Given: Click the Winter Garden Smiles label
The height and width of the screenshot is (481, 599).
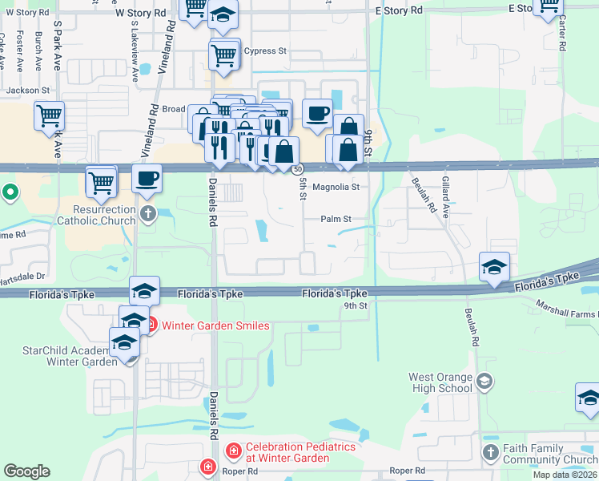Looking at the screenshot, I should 215,325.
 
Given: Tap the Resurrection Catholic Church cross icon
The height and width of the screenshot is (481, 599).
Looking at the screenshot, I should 147,213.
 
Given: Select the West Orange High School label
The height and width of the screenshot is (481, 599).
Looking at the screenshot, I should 440,383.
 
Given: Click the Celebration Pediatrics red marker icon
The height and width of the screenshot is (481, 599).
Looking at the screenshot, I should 233,452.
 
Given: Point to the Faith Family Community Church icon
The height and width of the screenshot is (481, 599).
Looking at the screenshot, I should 490,454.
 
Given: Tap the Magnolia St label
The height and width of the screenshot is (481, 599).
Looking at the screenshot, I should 336,187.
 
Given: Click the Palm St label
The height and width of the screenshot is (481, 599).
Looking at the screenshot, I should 336,219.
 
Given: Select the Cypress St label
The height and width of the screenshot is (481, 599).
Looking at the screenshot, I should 265,51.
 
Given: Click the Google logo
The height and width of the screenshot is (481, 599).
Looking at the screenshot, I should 26,471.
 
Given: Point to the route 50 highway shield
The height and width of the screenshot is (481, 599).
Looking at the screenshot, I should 297,169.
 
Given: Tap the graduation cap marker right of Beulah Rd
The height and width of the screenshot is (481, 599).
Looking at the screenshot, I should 494,266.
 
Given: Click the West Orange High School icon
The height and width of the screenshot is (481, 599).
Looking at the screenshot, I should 484,380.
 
